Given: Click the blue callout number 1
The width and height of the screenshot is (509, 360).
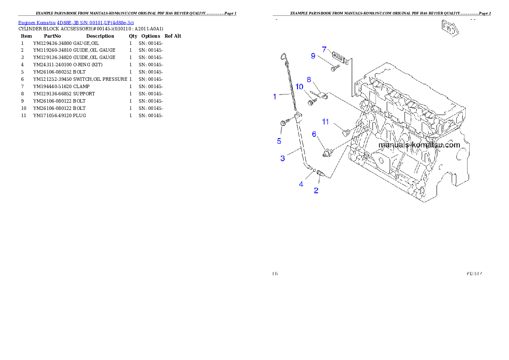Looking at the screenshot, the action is [275, 97].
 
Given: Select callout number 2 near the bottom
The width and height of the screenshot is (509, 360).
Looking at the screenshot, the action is [316, 191].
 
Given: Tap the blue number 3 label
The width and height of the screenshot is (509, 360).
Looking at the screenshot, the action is [282, 158].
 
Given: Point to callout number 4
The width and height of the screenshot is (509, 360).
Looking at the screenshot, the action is [301, 184].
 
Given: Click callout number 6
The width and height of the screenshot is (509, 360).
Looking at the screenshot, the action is [314, 134].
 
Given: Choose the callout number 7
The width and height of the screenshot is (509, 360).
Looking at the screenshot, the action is [324, 49].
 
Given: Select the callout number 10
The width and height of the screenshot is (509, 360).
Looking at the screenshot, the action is [299, 87].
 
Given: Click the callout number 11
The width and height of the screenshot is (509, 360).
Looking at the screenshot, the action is [326, 122].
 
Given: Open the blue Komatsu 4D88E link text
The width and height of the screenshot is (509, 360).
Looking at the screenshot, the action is [76, 22].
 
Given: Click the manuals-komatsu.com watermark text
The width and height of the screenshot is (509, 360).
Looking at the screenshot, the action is [419, 145].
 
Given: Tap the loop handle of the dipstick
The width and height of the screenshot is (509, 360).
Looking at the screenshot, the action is [283, 56].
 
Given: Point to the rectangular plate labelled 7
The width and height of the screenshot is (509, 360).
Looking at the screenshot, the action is [340, 57].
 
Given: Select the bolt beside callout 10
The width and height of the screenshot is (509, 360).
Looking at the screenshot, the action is [312, 102].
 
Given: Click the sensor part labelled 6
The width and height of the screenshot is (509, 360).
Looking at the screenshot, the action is [329, 152].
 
